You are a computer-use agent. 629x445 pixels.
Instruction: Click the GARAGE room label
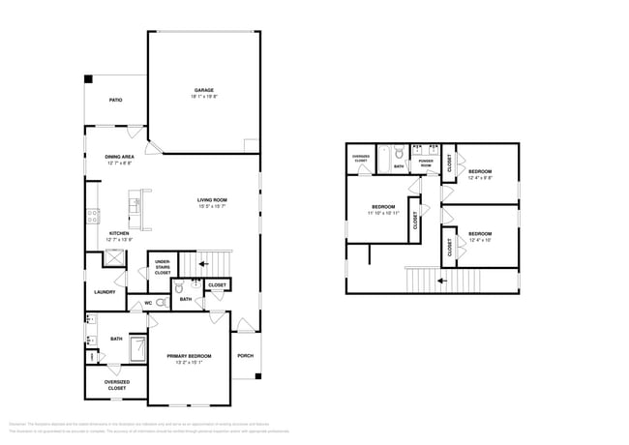tap(203, 90)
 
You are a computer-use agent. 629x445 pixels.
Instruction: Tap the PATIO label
tap(115, 100)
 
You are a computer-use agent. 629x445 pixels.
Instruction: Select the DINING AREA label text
tap(120, 156)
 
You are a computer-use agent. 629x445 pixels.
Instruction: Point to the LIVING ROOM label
tap(212, 200)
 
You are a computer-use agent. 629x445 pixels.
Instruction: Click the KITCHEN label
tap(119, 233)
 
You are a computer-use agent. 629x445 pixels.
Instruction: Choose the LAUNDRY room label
tap(105, 291)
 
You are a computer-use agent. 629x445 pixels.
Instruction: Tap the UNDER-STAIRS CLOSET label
tap(163, 268)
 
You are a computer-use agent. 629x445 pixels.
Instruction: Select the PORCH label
tap(246, 355)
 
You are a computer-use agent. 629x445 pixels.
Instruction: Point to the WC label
tap(149, 302)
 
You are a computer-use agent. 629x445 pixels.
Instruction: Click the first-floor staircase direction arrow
tap(203, 262)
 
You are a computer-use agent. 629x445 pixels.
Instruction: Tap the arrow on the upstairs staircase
tap(440, 281)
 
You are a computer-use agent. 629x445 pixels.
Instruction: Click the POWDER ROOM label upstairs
tap(426, 164)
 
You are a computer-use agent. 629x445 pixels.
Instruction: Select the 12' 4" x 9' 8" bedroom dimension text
tap(480, 178)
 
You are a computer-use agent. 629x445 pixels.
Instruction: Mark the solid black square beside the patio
tap(87, 79)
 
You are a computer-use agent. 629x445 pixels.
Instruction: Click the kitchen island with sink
tap(136, 208)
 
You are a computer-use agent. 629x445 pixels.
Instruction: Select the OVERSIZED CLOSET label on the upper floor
tap(360, 158)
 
